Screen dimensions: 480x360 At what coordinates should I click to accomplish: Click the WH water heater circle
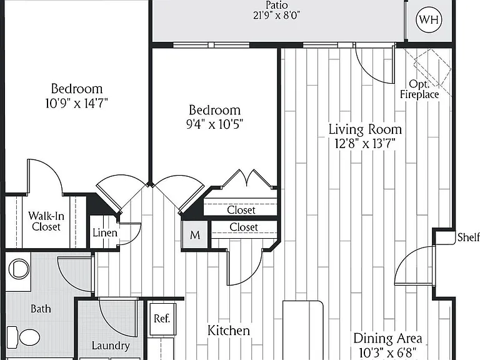point(429,19)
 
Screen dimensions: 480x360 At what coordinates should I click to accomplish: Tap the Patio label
point(277,5)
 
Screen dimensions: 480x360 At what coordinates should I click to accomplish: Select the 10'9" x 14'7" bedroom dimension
point(76,103)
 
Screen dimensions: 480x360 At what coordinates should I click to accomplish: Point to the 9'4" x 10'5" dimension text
point(214,124)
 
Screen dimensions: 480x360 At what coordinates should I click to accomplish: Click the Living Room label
point(365,129)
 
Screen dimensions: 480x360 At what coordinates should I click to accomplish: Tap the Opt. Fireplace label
point(419,89)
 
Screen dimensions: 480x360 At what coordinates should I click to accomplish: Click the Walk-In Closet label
point(46,221)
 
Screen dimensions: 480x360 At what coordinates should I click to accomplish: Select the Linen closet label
point(105,232)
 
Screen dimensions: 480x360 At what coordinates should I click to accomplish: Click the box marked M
point(195,235)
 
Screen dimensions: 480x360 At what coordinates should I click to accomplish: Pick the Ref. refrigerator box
point(162,319)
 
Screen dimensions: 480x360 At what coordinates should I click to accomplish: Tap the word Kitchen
point(229,330)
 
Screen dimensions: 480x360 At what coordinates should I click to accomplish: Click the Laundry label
point(111,346)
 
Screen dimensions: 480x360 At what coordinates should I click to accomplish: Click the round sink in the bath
point(19,269)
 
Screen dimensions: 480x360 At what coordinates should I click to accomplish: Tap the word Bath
point(41,309)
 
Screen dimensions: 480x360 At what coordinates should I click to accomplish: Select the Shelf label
point(468,237)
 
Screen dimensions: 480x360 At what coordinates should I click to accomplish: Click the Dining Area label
point(388,339)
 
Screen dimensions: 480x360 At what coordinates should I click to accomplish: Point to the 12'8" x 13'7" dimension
point(365,143)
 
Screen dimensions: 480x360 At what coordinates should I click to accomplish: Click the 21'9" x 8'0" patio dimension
point(277,15)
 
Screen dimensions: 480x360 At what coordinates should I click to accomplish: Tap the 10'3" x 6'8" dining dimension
point(388,352)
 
